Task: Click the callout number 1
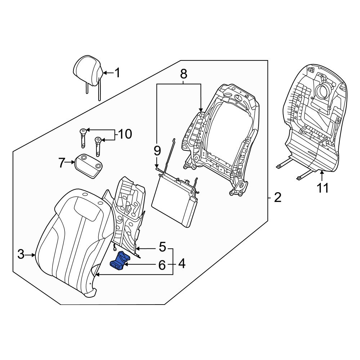pyautogui.click(x=117, y=73)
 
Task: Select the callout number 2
pyautogui.click(x=277, y=198)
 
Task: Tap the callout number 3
pyautogui.click(x=21, y=255)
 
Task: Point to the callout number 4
pyautogui.click(x=182, y=264)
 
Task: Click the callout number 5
pyautogui.click(x=162, y=247)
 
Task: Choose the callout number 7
pyautogui.click(x=62, y=163)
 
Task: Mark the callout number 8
pyautogui.click(x=183, y=74)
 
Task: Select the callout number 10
pyautogui.click(x=125, y=134)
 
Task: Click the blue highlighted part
pyautogui.click(x=120, y=260)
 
